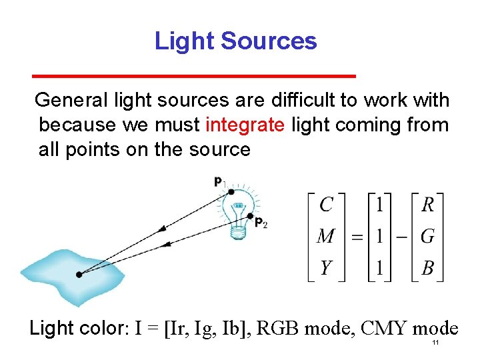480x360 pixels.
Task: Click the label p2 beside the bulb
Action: pyautogui.click(x=261, y=223)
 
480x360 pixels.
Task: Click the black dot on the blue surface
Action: pyautogui.click(x=79, y=274)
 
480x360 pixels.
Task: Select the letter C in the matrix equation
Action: pyautogui.click(x=326, y=205)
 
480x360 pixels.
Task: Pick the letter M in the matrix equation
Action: pyautogui.click(x=327, y=236)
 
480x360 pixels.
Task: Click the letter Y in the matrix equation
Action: pyautogui.click(x=326, y=268)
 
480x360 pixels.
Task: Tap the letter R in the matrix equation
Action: pyautogui.click(x=427, y=205)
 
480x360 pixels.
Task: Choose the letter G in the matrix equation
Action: pyautogui.click(x=428, y=236)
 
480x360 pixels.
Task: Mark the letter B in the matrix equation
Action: pyautogui.click(x=428, y=268)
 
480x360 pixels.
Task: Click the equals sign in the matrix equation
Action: pyautogui.click(x=358, y=237)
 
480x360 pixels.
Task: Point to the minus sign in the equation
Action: pyautogui.click(x=403, y=237)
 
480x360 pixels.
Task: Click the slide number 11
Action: pyautogui.click(x=435, y=343)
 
